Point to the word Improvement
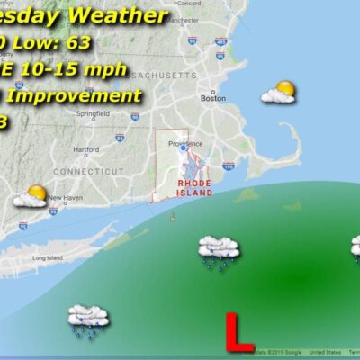85,95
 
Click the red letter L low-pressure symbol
239,330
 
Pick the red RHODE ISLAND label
194,187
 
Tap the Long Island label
46,258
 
